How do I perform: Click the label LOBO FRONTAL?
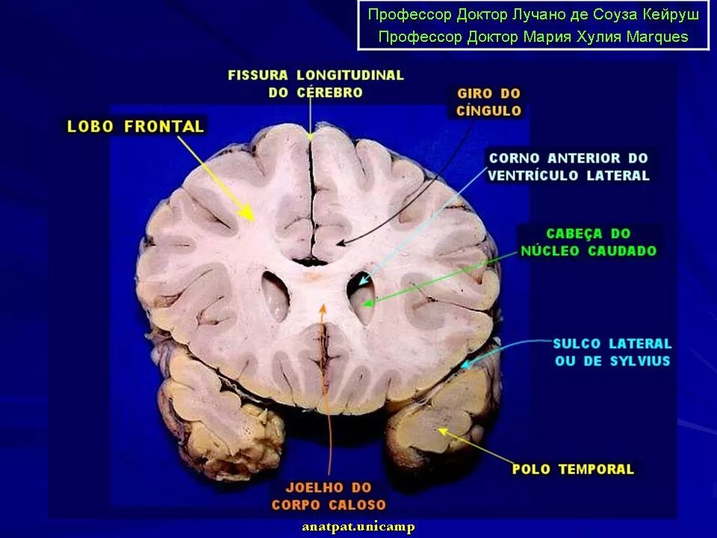[135, 126]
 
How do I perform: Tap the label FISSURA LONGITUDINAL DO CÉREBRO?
[315, 84]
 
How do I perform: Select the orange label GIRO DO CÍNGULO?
[488, 102]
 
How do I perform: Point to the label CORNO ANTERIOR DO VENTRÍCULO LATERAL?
[568, 167]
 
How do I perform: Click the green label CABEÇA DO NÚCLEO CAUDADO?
[589, 242]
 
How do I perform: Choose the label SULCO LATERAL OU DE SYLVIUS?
[612, 352]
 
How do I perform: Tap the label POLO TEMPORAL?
[573, 469]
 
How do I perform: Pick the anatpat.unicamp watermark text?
[358, 528]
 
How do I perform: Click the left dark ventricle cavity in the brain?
[275, 294]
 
